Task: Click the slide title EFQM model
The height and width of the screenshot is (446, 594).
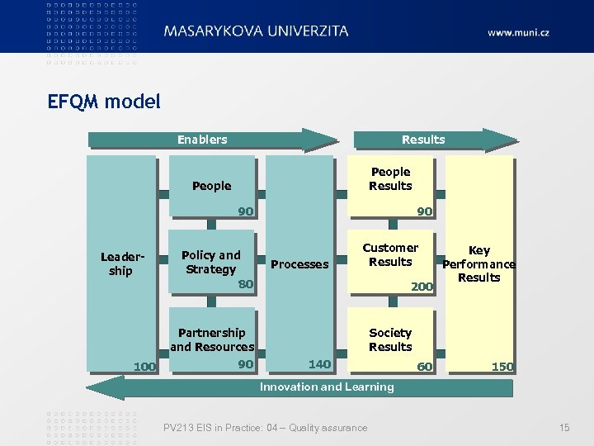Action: [x=104, y=102]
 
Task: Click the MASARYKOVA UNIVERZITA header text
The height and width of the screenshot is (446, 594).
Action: [x=256, y=31]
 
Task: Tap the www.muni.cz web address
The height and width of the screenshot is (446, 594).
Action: [x=518, y=32]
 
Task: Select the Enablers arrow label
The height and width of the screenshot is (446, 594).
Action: [x=202, y=140]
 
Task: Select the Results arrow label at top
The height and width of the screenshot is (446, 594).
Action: [x=423, y=140]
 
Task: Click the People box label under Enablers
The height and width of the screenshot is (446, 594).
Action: [x=211, y=186]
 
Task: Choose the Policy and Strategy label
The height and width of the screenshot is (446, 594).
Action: [x=210, y=262]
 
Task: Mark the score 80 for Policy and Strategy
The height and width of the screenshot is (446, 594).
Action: [x=245, y=285]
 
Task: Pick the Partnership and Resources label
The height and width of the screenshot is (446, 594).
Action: [x=212, y=339]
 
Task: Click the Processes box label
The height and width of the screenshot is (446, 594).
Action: [x=299, y=264]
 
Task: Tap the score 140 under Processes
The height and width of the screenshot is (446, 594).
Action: [x=319, y=364]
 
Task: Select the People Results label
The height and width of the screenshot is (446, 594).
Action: [x=390, y=178]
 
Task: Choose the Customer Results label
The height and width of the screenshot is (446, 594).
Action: [x=390, y=254]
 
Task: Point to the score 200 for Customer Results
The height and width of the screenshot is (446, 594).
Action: [x=422, y=286]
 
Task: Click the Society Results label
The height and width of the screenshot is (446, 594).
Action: [x=390, y=339]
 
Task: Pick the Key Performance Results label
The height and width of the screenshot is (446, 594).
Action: [x=479, y=263]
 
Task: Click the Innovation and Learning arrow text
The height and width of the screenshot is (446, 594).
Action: [x=327, y=387]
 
